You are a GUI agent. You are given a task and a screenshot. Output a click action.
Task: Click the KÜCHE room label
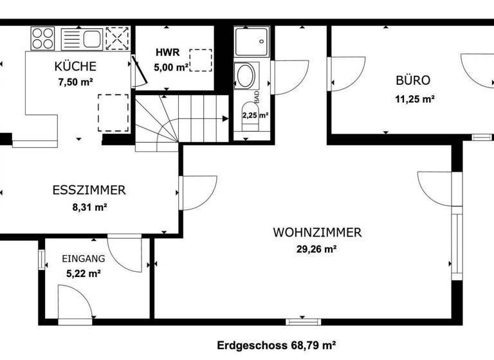pos(75,66)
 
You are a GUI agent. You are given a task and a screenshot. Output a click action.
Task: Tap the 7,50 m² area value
pos(75,82)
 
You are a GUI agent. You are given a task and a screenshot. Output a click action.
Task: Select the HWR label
pos(165,52)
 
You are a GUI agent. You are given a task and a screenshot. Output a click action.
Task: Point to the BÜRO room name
pos(412,81)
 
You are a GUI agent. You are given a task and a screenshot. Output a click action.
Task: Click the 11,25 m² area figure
pos(414,99)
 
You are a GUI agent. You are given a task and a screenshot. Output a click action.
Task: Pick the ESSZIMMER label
pos(89,190)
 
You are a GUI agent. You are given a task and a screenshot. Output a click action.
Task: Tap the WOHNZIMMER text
pos(317,232)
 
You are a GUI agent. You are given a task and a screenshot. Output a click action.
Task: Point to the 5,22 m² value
pos(83,273)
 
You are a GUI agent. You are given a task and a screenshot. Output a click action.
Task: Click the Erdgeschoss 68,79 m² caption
pos(277,345)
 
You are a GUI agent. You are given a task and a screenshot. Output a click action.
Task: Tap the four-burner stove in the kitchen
pos(42,37)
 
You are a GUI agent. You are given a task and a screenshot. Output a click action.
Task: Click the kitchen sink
pos(81,37)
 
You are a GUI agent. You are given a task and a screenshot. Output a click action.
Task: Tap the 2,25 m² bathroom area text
pos(255,116)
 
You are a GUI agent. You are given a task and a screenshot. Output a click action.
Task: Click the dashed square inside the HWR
pos(203,59)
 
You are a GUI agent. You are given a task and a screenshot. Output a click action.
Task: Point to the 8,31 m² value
pos(88,207)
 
